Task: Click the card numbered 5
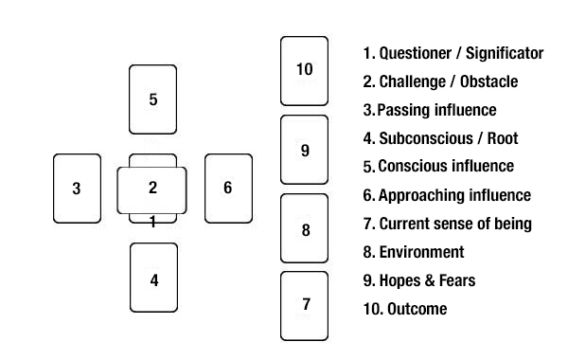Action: coord(152,99)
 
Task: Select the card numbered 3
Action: coord(77,188)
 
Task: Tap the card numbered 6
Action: coord(228,188)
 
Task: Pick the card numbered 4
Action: coord(152,278)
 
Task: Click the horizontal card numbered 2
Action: coord(152,189)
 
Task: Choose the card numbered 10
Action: coord(304,70)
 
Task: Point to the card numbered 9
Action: coord(304,150)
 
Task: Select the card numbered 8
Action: coord(304,228)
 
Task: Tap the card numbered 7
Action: coord(304,305)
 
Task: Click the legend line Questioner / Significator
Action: coord(453,53)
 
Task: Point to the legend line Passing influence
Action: coord(430,110)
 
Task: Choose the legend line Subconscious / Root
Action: coord(440,138)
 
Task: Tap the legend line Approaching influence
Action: coord(447,195)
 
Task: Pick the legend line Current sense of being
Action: coord(447,224)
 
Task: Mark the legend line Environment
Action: coord(414,252)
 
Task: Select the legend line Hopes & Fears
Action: coord(419,280)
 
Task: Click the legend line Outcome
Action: coord(405,309)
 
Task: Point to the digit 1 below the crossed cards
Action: coord(152,223)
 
